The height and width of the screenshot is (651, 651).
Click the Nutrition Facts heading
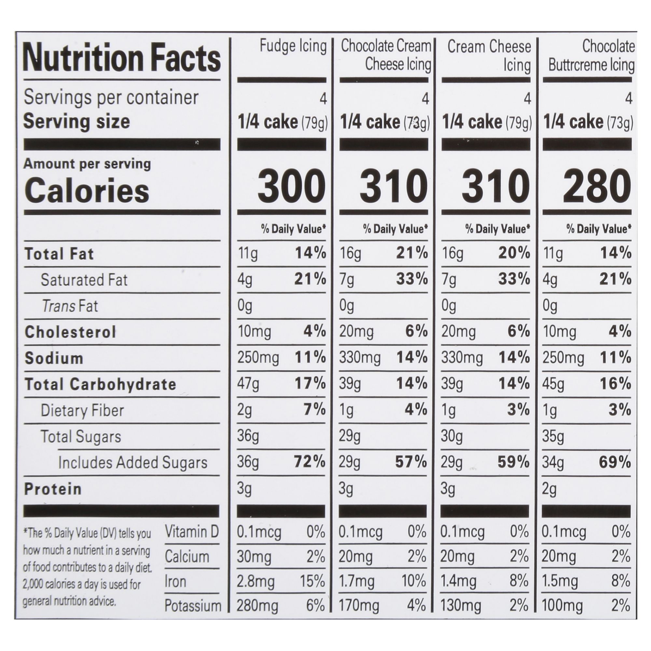point(122,58)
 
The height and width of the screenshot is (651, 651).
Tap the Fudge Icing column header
point(293,46)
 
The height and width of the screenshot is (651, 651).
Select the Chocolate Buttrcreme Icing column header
point(591,56)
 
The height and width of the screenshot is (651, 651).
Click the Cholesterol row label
point(70,332)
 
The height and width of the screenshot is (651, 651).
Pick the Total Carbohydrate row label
point(100,384)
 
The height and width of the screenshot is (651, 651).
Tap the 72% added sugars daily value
point(310,462)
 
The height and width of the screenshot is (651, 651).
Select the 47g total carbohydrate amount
point(248,384)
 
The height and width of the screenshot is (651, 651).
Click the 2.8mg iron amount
point(256,582)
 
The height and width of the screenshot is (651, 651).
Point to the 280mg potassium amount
point(257,606)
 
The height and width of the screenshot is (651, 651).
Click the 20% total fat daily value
point(514,253)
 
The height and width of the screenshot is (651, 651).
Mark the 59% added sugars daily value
point(514,462)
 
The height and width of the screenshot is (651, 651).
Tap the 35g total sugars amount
point(553,436)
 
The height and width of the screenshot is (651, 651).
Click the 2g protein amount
point(549,489)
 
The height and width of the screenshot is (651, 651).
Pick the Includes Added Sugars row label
point(133,462)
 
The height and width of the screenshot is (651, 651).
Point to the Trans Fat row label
point(70,306)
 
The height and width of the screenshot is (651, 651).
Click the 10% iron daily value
point(413,582)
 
